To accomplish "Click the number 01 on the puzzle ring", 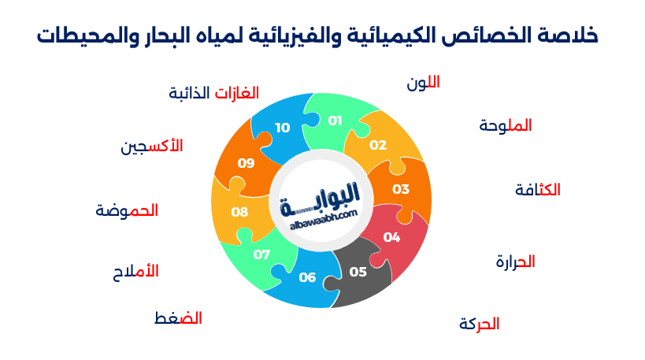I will (x=335, y=121).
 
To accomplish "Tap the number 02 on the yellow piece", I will (x=378, y=145).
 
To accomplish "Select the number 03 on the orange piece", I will (x=401, y=189).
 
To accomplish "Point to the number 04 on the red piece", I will (x=391, y=237).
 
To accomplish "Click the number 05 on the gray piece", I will (x=358, y=272).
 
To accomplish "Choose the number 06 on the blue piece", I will (x=307, y=276).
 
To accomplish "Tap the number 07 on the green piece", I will (x=261, y=254).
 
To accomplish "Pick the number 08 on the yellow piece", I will (x=239, y=212).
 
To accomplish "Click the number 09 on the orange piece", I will (x=247, y=163).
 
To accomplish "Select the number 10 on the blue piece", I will (x=282, y=127).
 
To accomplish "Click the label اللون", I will (x=423, y=83).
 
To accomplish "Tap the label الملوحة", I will (x=505, y=125).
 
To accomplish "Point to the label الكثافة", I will (x=537, y=190).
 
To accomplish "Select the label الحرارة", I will (x=515, y=262).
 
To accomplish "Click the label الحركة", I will (x=479, y=324).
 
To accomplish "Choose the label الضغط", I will (x=178, y=318).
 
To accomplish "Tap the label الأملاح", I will (x=135, y=271).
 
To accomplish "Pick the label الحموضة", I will (x=127, y=210).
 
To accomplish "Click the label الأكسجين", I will (x=151, y=146).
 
